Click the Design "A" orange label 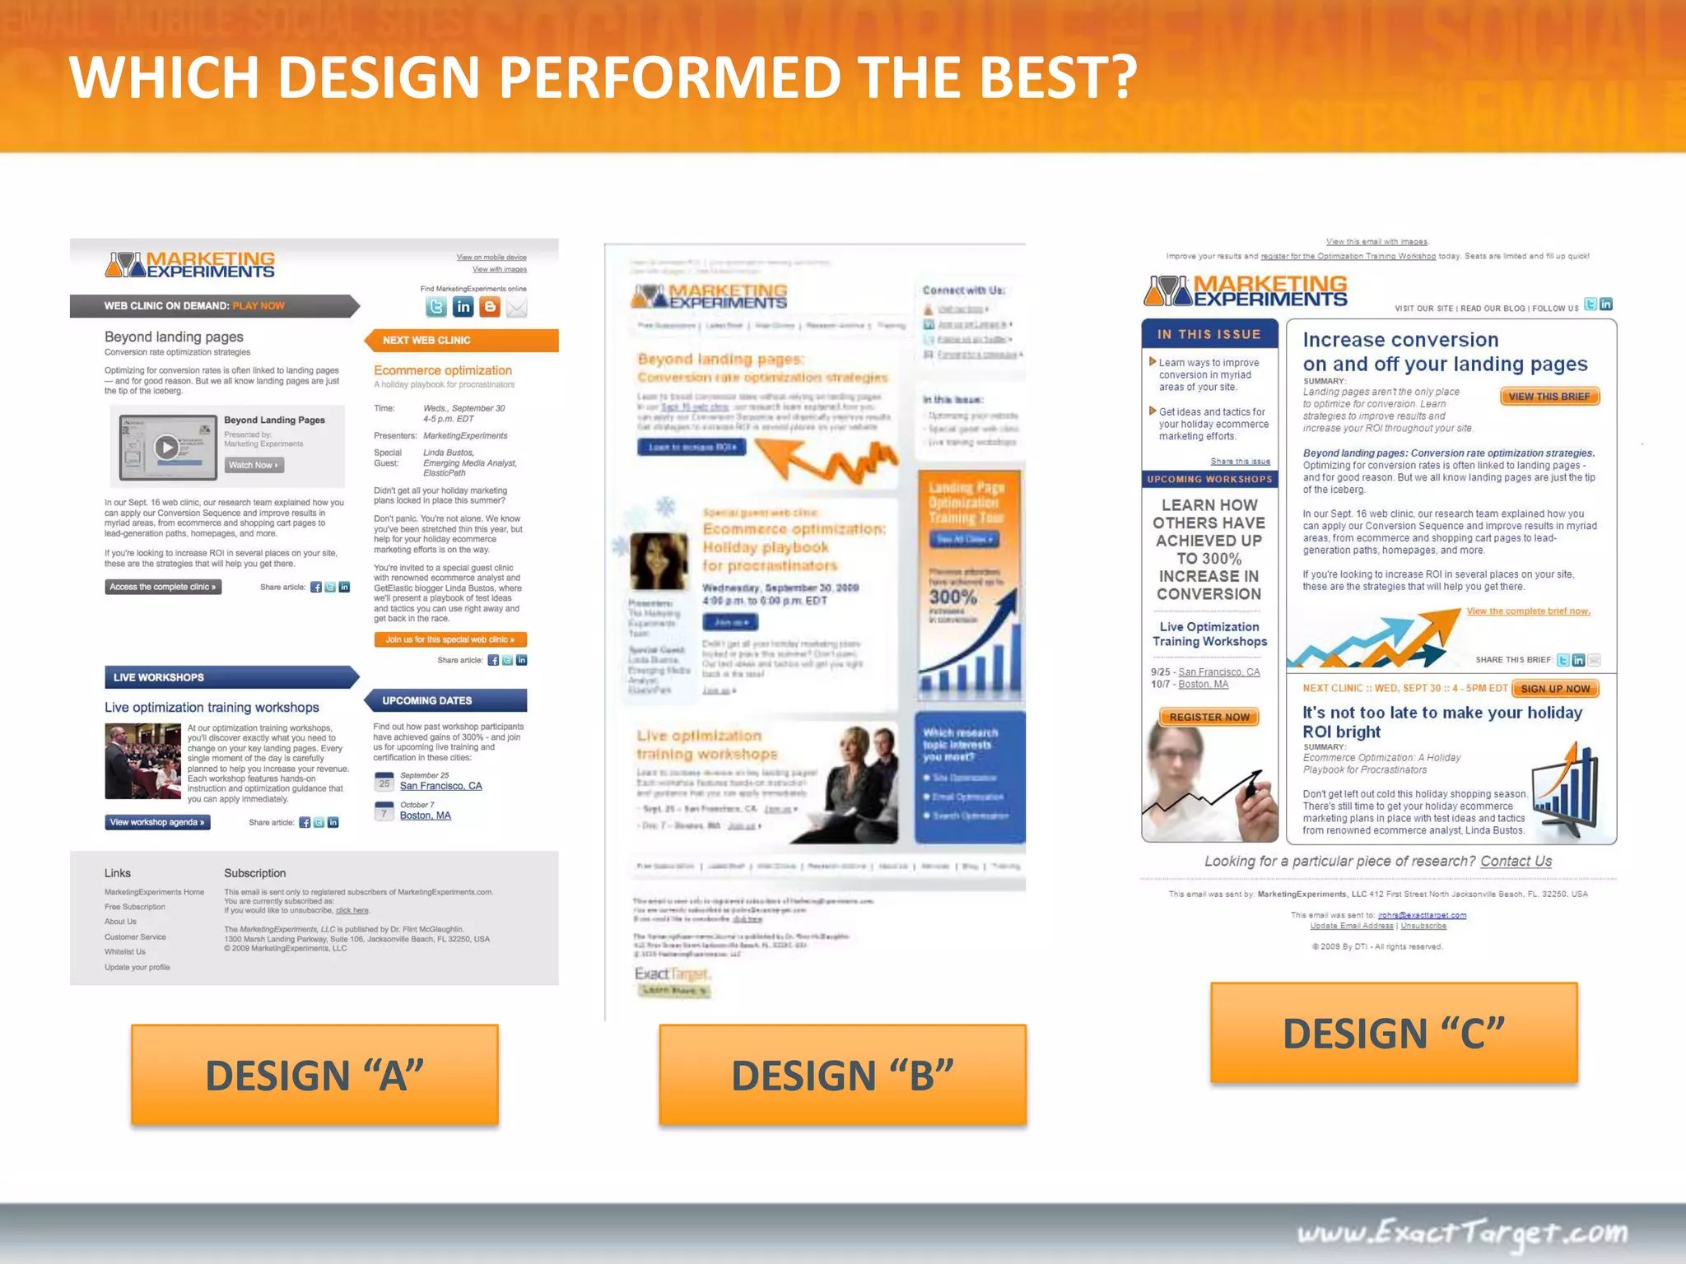(314, 1075)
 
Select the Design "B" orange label (842, 1075)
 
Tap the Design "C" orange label (1394, 1033)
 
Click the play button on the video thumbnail (166, 447)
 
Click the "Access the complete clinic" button (163, 587)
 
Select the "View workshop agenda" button (157, 822)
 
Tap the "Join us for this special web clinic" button (450, 639)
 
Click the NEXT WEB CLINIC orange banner (461, 340)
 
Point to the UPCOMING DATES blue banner (445, 700)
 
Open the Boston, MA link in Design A (425, 816)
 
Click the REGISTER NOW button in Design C (1209, 717)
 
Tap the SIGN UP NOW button (1555, 689)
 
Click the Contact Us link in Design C (1516, 861)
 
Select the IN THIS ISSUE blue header (1209, 334)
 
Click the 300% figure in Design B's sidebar (953, 597)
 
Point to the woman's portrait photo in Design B (659, 561)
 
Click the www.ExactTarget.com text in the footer (1462, 1233)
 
